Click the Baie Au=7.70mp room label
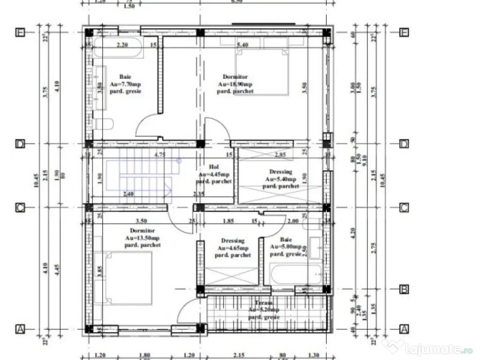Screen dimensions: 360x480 point(125,84)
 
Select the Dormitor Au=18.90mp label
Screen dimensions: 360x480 point(235,84)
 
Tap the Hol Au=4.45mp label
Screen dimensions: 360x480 point(214,174)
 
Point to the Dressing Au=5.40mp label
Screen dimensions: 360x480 point(280,179)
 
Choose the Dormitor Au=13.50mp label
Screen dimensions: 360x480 point(142,238)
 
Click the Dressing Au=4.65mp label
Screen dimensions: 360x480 point(232,248)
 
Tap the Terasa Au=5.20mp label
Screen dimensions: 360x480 point(263,310)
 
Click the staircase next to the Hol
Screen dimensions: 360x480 point(141,176)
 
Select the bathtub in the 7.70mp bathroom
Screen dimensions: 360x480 point(117,48)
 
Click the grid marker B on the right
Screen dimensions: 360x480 point(404,289)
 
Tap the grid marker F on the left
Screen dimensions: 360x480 point(20,32)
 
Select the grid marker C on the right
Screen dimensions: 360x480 point(404,208)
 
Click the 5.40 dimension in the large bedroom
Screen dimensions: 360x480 point(242,45)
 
